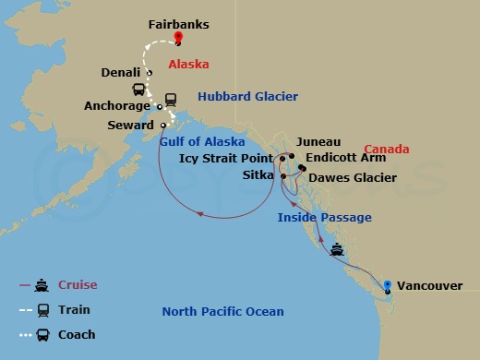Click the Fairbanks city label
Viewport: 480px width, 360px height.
[x=179, y=17]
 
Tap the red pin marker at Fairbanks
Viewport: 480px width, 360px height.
[x=179, y=38]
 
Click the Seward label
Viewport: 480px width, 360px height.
[x=130, y=125]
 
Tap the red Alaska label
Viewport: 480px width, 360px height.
[x=188, y=65]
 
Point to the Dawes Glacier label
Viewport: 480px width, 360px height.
[x=353, y=177]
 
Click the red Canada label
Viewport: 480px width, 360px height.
[x=386, y=149]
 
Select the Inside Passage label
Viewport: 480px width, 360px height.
[x=325, y=217]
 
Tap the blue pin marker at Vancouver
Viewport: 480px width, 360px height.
[x=388, y=285]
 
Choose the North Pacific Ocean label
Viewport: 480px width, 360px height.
[x=222, y=311]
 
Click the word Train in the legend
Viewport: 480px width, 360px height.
[x=74, y=310]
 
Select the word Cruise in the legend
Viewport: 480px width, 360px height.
[x=78, y=285]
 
